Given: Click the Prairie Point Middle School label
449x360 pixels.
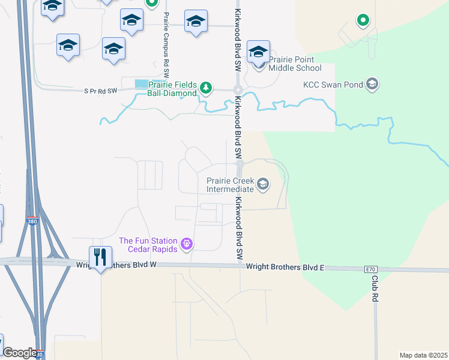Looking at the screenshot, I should click(295, 64).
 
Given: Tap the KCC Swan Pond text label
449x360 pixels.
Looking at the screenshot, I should click(333, 85).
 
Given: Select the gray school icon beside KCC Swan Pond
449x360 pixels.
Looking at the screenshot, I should click(372, 84).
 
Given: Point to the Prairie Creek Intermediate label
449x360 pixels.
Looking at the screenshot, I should click(230, 185).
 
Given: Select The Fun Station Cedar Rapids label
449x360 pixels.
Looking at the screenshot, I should click(148, 245).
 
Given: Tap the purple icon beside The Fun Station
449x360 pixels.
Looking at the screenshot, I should click(187, 244).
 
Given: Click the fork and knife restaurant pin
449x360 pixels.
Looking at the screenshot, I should click(100, 257).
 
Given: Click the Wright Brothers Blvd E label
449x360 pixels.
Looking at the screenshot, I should click(285, 266).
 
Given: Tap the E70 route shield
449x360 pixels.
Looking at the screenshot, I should click(371, 270).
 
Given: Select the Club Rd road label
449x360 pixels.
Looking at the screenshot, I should click(375, 288).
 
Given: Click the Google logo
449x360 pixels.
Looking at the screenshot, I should click(20, 353).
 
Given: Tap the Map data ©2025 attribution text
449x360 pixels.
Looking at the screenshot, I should click(423, 355).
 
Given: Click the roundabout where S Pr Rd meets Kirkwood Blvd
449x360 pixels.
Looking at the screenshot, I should click(238, 90).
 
